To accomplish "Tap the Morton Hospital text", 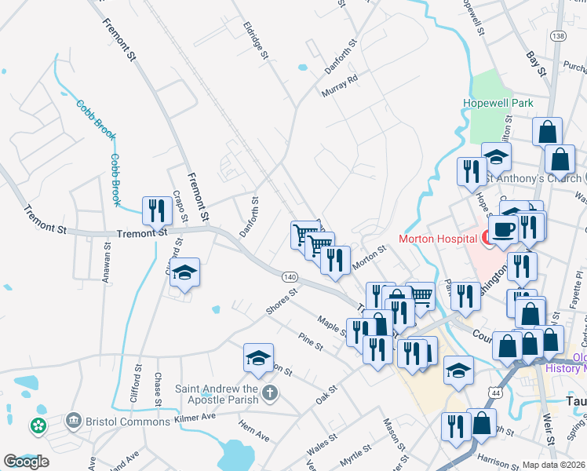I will coord(438,239).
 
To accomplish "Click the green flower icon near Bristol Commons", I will coord(37,425).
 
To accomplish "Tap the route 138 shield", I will coord(558,36).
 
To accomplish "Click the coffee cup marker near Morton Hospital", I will coord(503,228).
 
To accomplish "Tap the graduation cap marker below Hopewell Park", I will coord(496,157).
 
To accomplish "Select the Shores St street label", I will coord(283,302).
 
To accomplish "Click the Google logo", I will coord(26,462).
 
